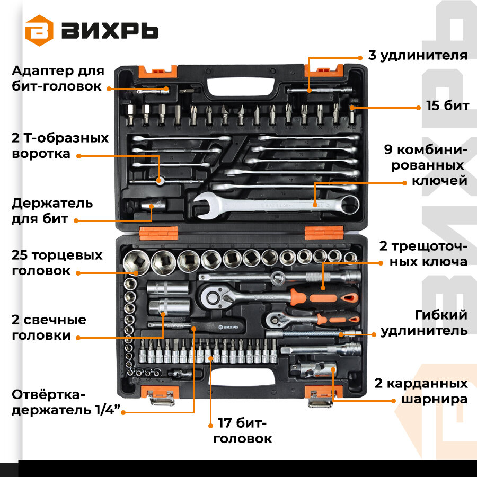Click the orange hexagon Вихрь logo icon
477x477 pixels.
coord(39,30)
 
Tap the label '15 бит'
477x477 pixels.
coord(447,105)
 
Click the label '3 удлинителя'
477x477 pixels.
coord(418,55)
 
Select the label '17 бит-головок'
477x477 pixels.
coord(242,431)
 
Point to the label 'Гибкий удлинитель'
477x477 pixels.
coord(424,323)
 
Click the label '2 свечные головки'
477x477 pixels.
coord(49,328)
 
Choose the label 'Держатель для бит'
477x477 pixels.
coord(52,211)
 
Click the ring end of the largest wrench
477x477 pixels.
coord(350,205)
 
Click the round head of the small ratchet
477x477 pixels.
coord(275,320)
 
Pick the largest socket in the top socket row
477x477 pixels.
coord(136,262)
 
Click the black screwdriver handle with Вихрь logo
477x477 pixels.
coord(218,326)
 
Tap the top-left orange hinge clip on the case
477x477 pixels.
coord(157,72)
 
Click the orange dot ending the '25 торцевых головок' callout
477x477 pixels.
coord(78,273)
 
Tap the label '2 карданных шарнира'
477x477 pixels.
coord(421,391)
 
